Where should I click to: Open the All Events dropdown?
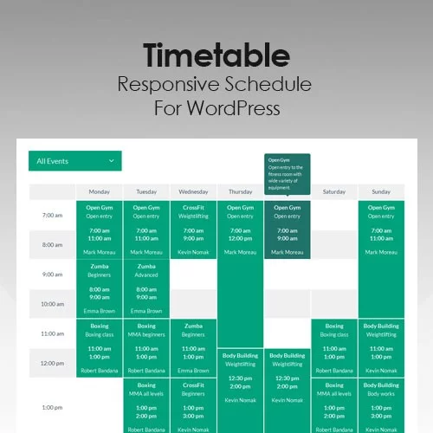click(74, 161)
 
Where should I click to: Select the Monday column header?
click(99, 191)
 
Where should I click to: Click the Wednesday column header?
click(193, 191)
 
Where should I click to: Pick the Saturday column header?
click(334, 191)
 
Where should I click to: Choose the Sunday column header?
click(381, 191)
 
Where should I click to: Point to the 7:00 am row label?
click(53, 215)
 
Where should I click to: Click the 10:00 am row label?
click(53, 304)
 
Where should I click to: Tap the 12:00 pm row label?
click(53, 362)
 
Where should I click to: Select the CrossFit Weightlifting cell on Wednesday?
click(193, 229)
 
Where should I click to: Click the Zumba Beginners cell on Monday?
click(99, 288)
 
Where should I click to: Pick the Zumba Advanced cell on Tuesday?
click(146, 288)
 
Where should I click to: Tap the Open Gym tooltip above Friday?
click(287, 174)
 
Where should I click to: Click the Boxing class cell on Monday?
click(99, 347)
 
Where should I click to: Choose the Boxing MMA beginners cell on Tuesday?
click(146, 347)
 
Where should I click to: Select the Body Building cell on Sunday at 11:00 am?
click(381, 347)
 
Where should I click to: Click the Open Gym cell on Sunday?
click(381, 229)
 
